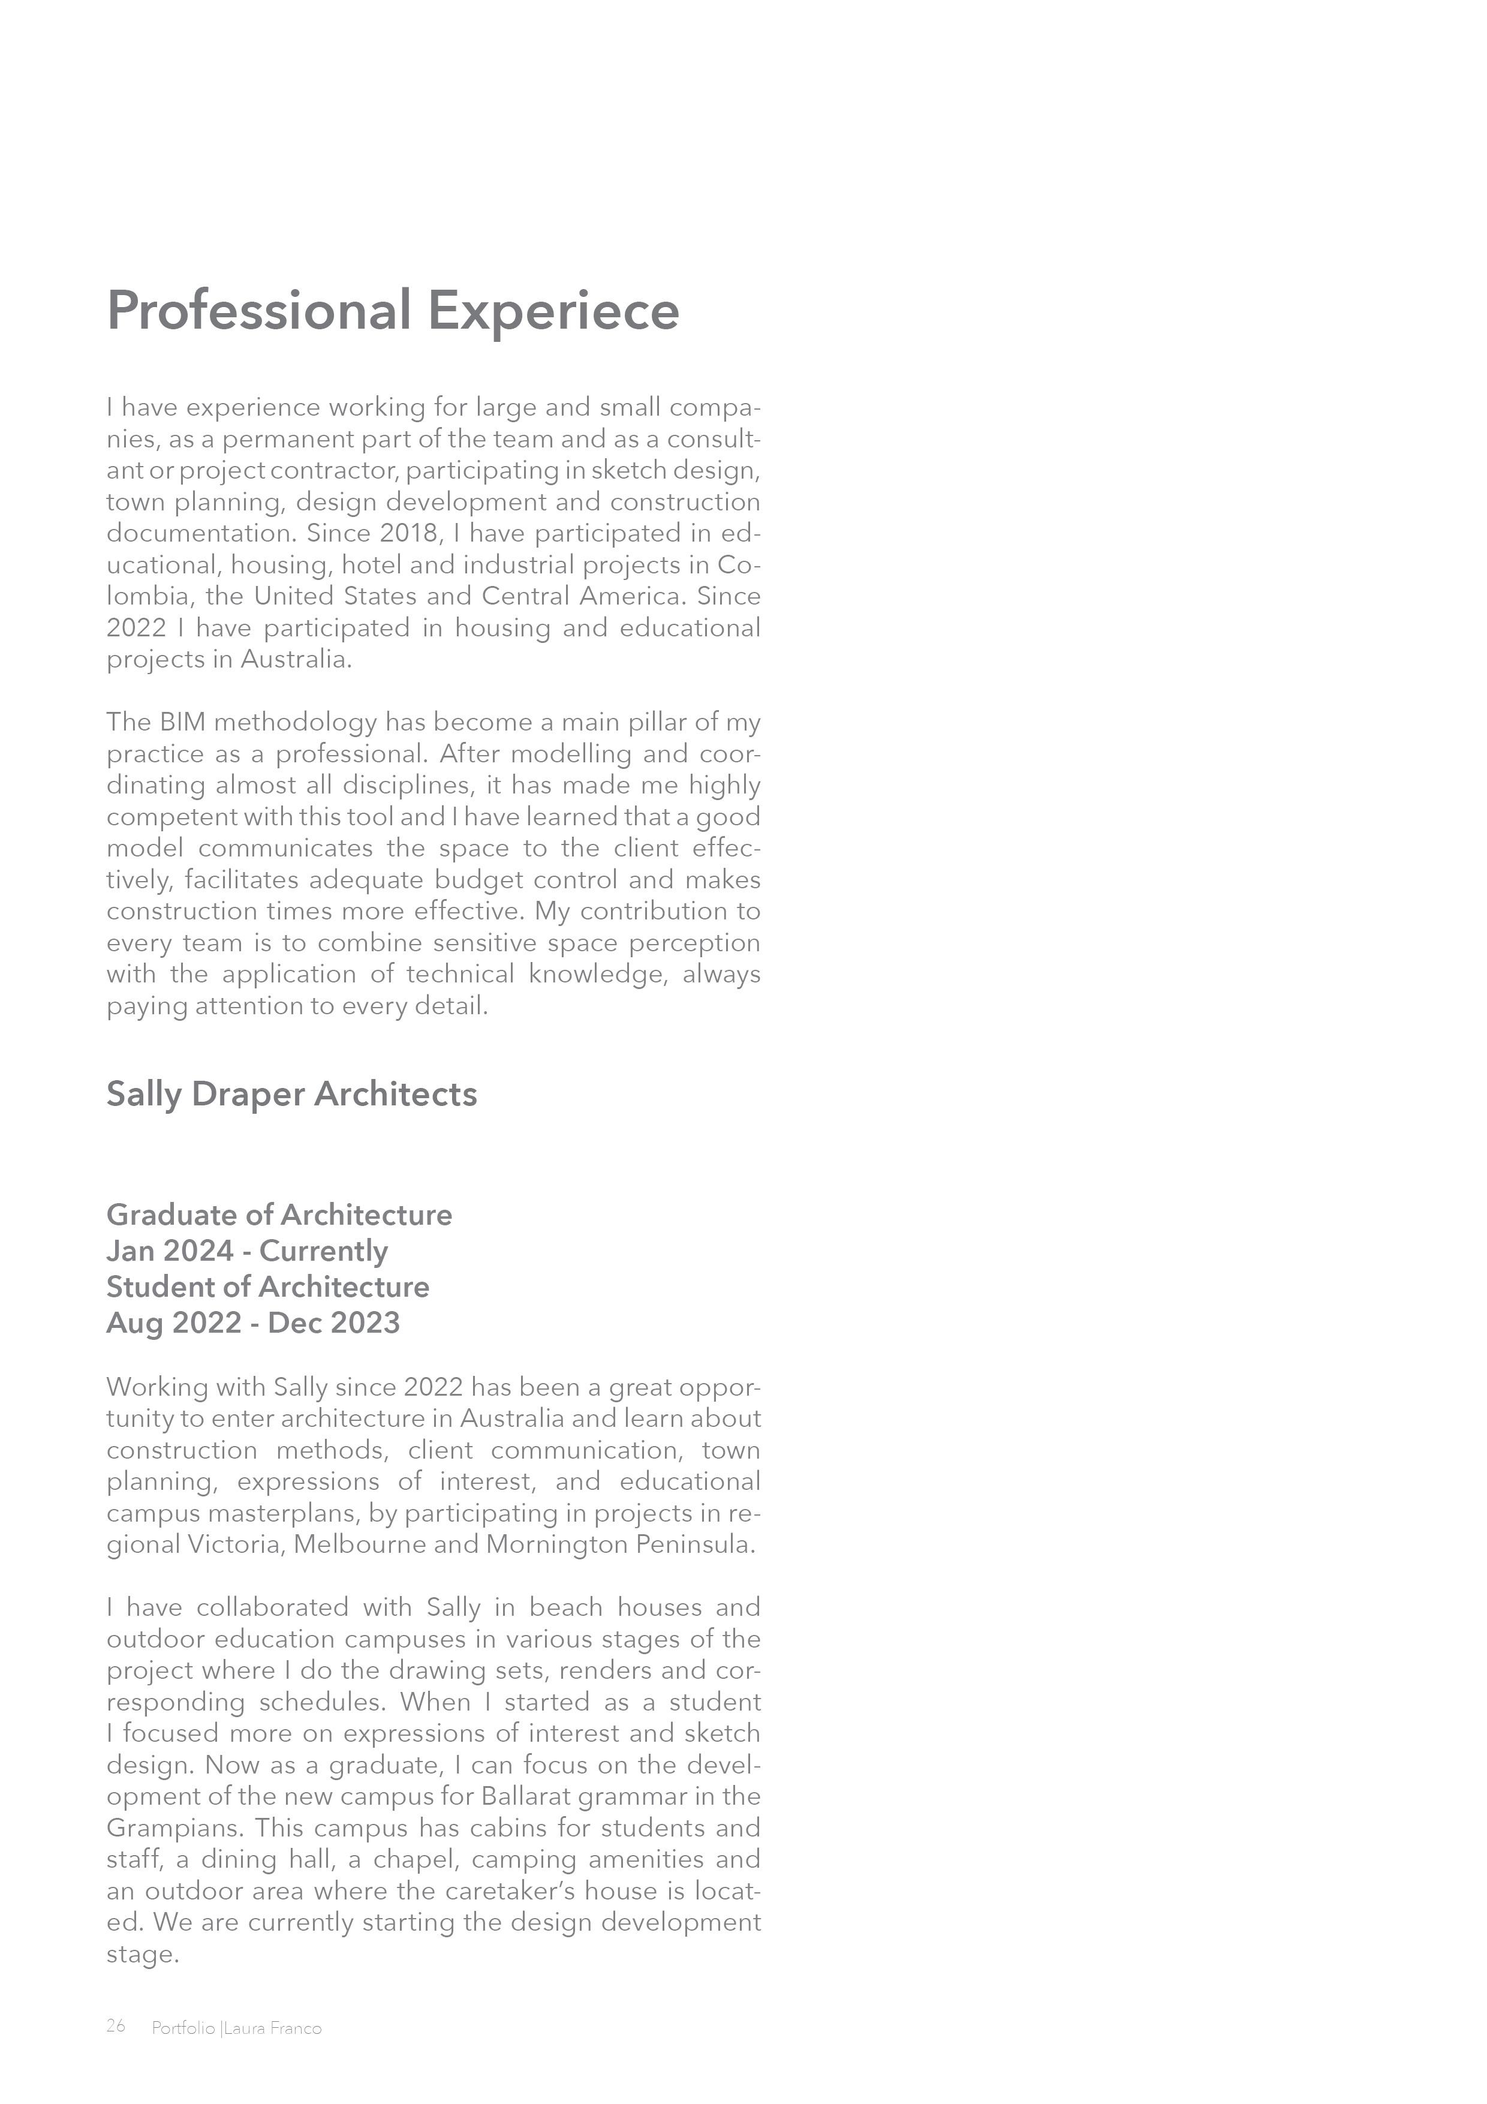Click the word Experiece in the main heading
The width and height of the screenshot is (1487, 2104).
pos(553,311)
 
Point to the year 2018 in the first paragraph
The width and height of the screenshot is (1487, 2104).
pos(411,533)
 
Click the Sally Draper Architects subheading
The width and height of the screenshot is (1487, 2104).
pos(291,1094)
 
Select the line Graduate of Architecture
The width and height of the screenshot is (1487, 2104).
pos(279,1215)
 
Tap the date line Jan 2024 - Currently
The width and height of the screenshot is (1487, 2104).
pos(248,1251)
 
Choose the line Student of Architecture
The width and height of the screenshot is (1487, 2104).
pos(267,1287)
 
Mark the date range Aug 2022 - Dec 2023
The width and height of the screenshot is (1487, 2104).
pos(253,1322)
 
